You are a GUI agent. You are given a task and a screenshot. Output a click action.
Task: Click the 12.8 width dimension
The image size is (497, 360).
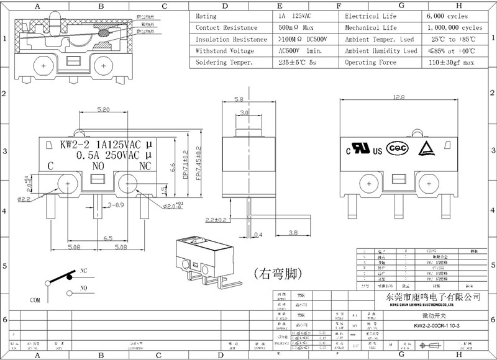pyautogui.click(x=398, y=97)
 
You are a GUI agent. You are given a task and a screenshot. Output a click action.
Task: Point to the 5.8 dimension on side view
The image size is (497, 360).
pyautogui.click(x=238, y=99)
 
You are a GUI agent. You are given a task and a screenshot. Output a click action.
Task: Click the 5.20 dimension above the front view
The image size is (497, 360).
pyautogui.click(x=103, y=109)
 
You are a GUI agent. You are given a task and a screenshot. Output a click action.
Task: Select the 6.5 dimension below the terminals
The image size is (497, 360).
pyautogui.click(x=107, y=238)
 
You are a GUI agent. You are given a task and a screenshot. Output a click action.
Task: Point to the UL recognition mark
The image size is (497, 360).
pyautogui.click(x=360, y=149)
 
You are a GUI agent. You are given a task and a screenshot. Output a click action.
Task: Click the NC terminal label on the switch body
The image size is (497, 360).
pyautogui.click(x=145, y=166)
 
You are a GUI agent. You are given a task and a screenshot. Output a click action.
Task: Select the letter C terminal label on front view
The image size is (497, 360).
pyautogui.click(x=50, y=166)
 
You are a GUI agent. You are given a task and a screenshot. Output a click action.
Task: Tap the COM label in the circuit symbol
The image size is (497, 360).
pyautogui.click(x=37, y=299)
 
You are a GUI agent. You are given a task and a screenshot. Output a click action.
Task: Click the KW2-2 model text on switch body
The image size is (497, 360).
pyautogui.click(x=72, y=145)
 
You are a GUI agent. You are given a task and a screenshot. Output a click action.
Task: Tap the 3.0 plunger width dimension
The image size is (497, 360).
pyautogui.click(x=244, y=113)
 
